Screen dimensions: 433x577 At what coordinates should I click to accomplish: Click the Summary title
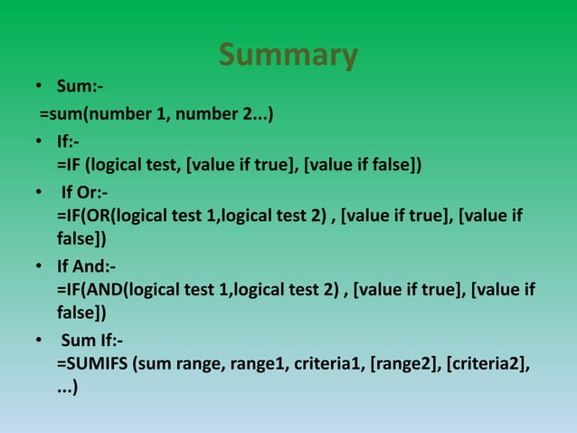pyautogui.click(x=288, y=55)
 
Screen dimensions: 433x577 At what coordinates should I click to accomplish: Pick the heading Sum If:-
pyautogui.click(x=91, y=342)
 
